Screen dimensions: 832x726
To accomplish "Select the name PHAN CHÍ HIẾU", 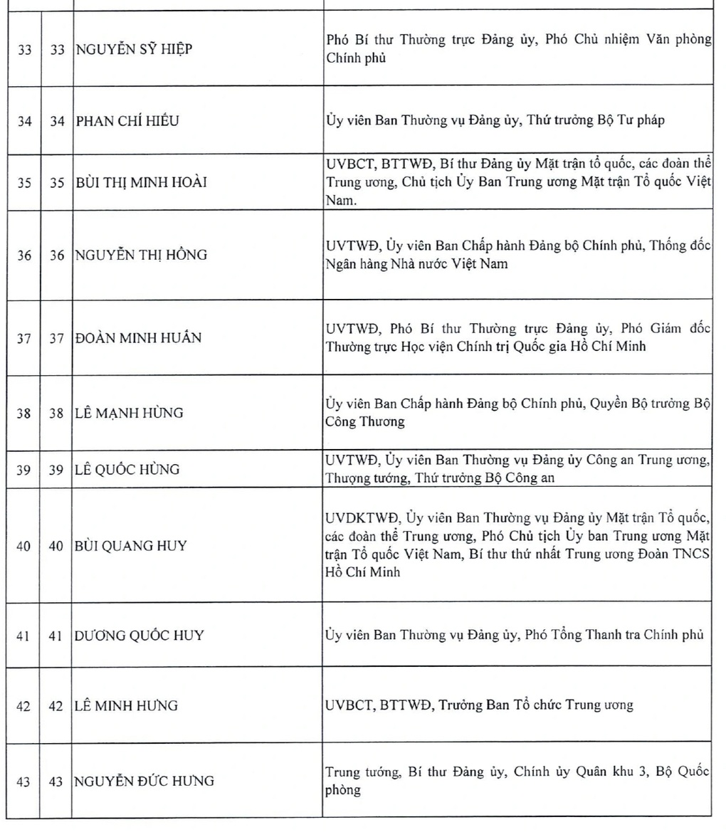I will pos(127,121).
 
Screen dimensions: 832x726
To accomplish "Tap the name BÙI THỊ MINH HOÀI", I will pos(141,182).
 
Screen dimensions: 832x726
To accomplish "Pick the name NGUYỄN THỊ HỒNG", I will pos(141,254).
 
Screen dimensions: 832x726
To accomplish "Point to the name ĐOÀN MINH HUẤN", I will pos(138,338).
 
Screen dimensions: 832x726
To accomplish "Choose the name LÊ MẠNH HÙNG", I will pos(130,413).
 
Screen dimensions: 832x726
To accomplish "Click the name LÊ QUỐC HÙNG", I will pos(127,470).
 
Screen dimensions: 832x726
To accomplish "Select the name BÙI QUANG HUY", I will pos(131,546).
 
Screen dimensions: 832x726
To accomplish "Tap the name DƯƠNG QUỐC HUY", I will pos(140,635).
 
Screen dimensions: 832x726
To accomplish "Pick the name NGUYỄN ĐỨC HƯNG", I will pos(144,781).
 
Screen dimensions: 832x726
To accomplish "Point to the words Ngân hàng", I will pos(350,264).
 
